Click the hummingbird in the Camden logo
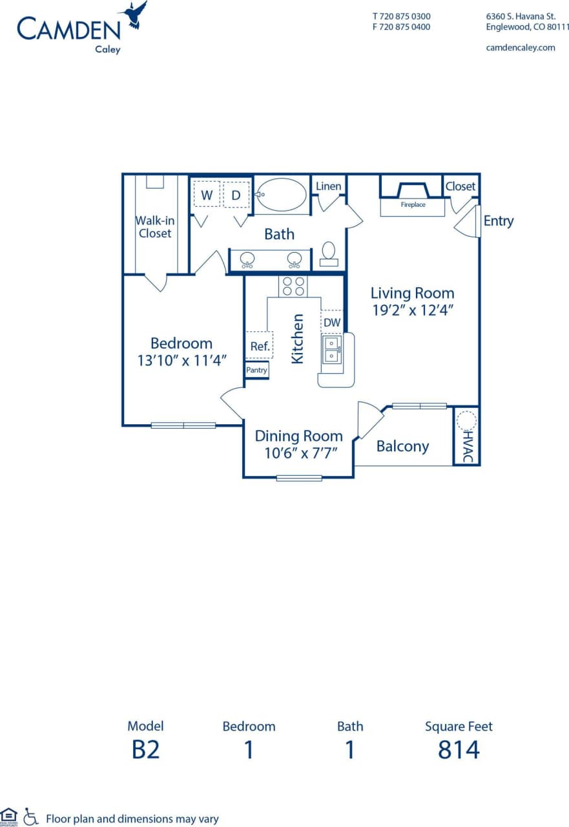click(134, 14)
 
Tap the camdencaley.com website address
click(520, 47)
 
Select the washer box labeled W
click(207, 195)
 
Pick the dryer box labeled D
click(236, 195)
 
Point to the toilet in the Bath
click(329, 252)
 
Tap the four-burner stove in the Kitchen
click(293, 286)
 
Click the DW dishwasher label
click(331, 322)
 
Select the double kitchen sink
click(331, 349)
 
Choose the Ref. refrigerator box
click(260, 346)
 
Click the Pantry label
click(256, 371)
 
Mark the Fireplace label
click(413, 205)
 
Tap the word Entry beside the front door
click(498, 221)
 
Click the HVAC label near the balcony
click(468, 446)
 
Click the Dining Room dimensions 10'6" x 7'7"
click(298, 453)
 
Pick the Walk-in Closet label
click(155, 226)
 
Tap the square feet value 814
click(459, 750)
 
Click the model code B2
click(145, 750)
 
